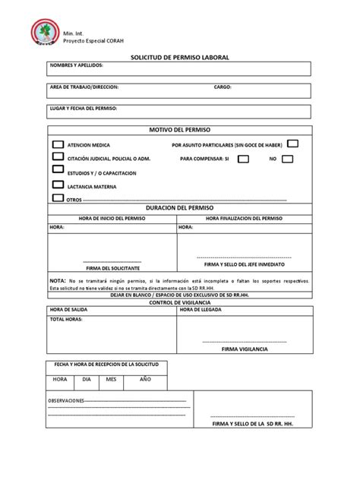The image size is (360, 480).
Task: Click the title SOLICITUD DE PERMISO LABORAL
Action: (179, 57)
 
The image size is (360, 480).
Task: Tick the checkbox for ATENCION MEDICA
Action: (57, 144)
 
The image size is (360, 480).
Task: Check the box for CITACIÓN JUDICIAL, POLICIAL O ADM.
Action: (57, 157)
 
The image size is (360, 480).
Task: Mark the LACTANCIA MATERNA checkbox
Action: (57, 184)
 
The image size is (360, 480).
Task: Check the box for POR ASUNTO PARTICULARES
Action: (292, 143)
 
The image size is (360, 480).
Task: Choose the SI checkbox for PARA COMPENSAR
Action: (243, 159)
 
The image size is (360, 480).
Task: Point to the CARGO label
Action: (222, 87)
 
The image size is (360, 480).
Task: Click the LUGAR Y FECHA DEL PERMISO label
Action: (84, 109)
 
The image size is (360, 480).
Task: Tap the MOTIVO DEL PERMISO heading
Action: (179, 131)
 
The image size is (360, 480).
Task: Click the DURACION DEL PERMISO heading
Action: (179, 208)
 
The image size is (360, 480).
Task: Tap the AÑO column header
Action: (144, 378)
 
